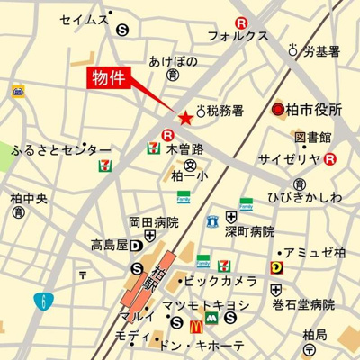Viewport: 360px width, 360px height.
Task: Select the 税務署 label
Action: [226, 112]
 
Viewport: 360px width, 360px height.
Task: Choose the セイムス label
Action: [85, 18]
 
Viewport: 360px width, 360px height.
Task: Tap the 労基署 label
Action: [320, 52]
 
